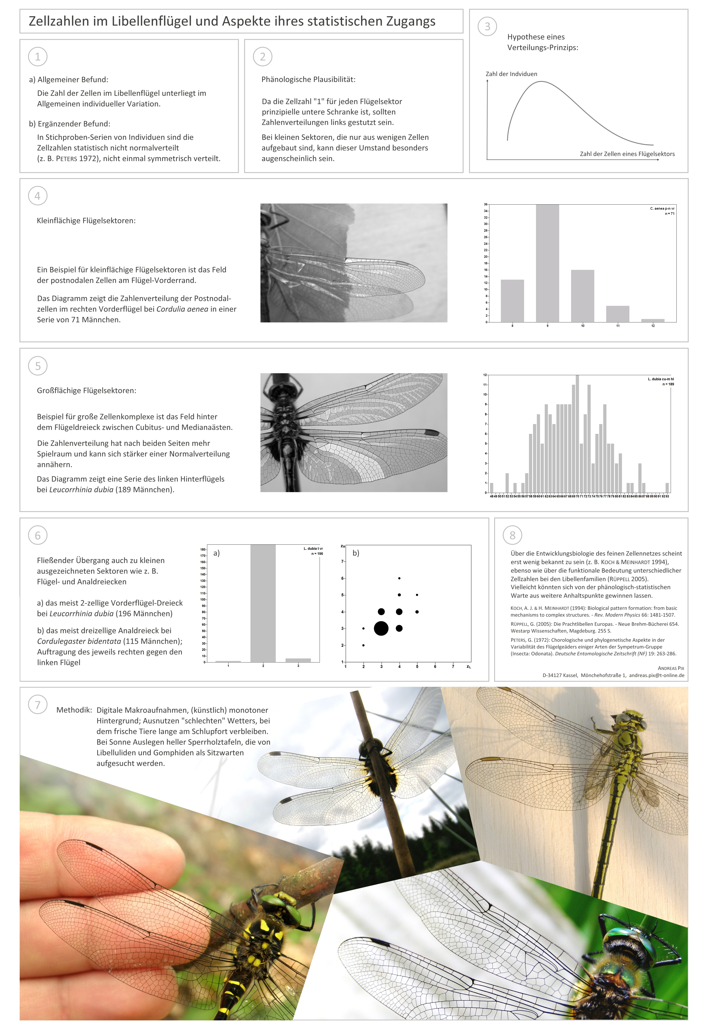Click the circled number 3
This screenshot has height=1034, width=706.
(x=487, y=27)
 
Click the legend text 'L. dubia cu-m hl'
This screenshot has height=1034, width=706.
(x=661, y=379)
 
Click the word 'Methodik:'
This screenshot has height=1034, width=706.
(x=74, y=710)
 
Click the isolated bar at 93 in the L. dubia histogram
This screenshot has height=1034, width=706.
(x=667, y=488)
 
